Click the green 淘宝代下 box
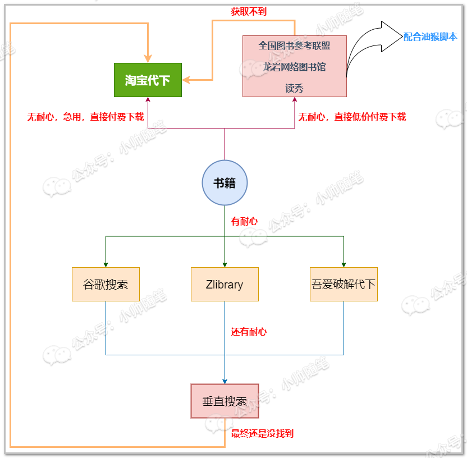tap(148, 80)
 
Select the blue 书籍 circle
tap(225, 182)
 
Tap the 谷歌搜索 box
tap(106, 285)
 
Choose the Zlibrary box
tap(225, 285)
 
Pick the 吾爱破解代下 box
tap(344, 285)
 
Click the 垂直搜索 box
tap(225, 401)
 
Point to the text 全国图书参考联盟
tap(295, 45)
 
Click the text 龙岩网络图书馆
tap(295, 67)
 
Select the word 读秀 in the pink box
tap(295, 88)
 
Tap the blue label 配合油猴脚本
tap(430, 37)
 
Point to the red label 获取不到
tap(249, 11)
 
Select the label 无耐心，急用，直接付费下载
tap(85, 117)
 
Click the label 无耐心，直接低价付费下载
tap(352, 117)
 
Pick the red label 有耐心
tap(245, 221)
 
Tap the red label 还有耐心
tap(249, 332)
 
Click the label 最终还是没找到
tap(262, 433)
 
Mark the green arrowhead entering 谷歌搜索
tap(106, 264)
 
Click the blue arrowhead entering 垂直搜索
tap(225, 381)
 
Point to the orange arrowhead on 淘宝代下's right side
tap(186, 80)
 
